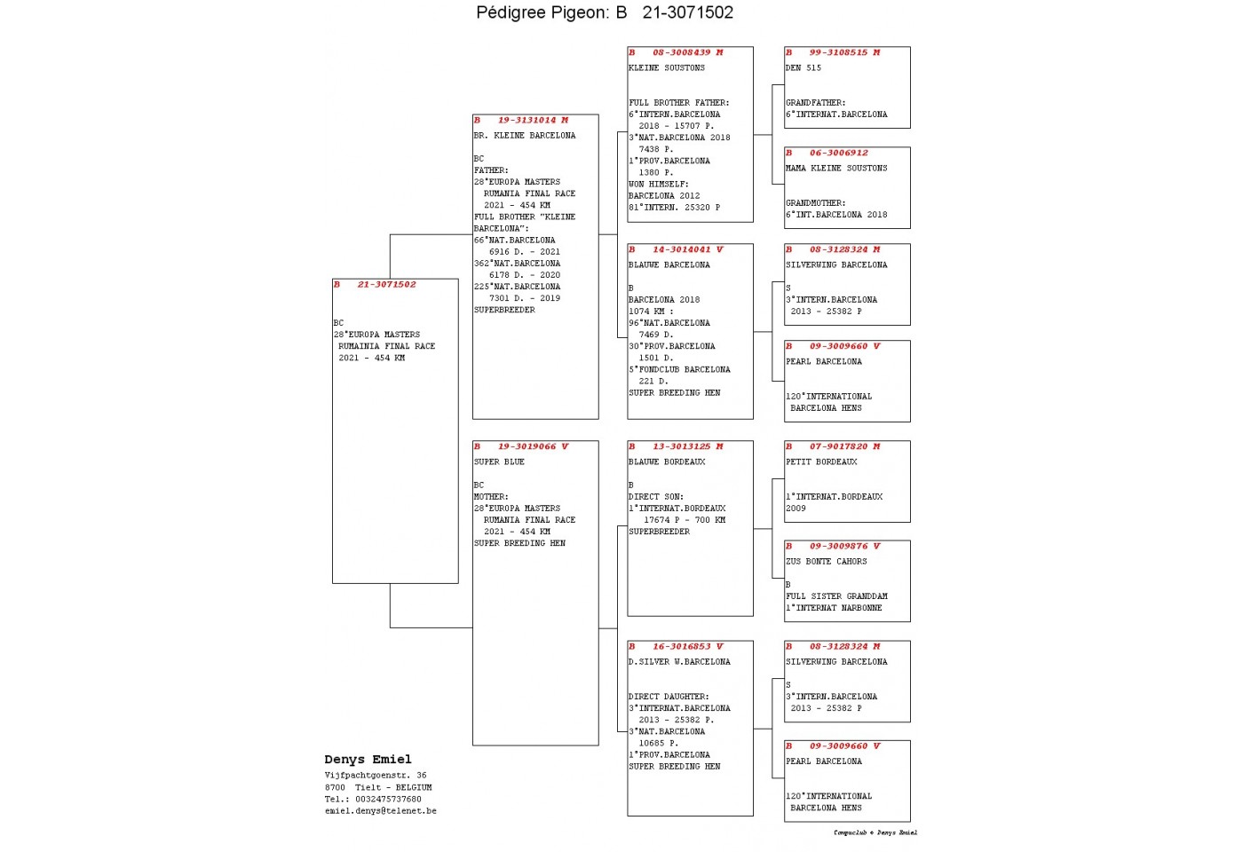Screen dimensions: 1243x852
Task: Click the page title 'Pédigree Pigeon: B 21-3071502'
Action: [x=605, y=12]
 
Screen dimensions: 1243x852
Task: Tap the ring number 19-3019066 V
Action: [x=533, y=446]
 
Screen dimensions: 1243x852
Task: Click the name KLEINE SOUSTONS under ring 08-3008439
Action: [x=667, y=67]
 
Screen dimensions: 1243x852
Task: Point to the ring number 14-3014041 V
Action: [x=687, y=249]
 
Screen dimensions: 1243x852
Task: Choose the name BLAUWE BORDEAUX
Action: [x=667, y=461]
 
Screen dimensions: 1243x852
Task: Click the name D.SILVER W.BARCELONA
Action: [x=679, y=662]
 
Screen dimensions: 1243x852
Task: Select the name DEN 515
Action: [x=803, y=67]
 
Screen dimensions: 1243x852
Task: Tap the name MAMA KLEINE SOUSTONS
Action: [x=836, y=168]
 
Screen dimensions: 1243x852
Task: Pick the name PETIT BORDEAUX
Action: [x=821, y=461]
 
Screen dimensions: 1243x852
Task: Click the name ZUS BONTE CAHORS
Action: [x=826, y=561]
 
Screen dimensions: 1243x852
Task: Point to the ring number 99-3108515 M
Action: [x=844, y=52]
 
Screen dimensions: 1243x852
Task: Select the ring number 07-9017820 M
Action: [x=844, y=446]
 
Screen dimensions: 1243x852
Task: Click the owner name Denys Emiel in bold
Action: [x=368, y=760]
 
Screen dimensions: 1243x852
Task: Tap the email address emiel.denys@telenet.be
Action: [x=381, y=811]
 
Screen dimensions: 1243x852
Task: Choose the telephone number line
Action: [x=373, y=800]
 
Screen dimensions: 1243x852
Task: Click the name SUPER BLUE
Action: [x=499, y=461]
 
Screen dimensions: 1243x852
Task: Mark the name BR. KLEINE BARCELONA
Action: [x=525, y=135]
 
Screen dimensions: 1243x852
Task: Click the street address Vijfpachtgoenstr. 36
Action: [x=376, y=776]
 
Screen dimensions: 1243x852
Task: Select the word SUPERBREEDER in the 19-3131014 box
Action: [x=504, y=310]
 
